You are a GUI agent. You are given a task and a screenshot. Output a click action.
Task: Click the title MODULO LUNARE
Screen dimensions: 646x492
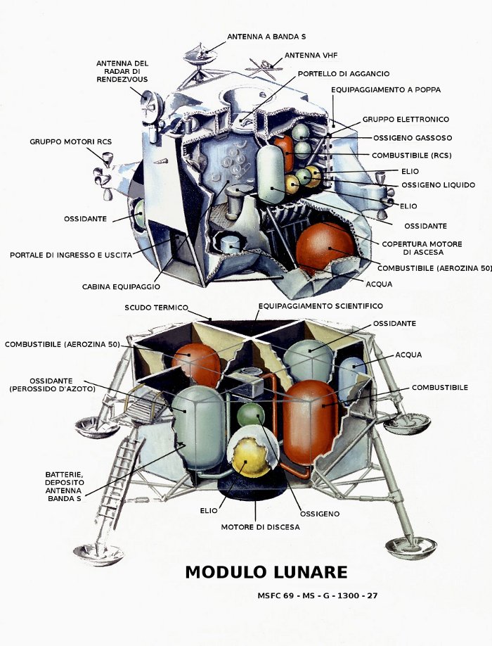(x=266, y=572)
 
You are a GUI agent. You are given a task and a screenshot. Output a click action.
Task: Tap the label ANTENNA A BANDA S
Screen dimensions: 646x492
(x=266, y=36)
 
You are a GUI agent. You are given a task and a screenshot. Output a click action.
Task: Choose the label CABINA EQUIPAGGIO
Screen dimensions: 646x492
(x=121, y=286)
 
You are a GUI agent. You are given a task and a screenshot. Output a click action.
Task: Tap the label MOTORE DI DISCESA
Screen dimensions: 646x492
(x=260, y=526)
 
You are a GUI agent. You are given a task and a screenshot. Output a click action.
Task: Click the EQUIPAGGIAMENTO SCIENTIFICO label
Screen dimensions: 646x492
(x=321, y=306)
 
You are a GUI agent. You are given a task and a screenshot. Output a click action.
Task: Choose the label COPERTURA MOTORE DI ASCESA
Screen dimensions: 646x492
(x=432, y=248)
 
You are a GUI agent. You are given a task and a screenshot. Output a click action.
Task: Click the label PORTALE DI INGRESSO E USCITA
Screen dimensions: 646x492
(x=70, y=255)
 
